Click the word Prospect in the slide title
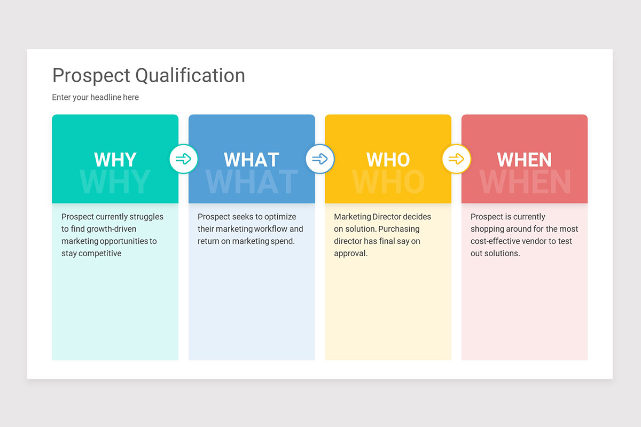pyautogui.click(x=91, y=76)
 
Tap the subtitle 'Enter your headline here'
pyautogui.click(x=95, y=97)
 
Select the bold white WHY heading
pyautogui.click(x=115, y=160)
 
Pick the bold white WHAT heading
pyautogui.click(x=252, y=160)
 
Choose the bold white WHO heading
pyautogui.click(x=388, y=160)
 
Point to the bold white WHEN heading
pyautogui.click(x=525, y=160)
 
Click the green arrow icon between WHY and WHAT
pyautogui.click(x=184, y=159)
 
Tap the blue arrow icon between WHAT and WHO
pyautogui.click(x=320, y=159)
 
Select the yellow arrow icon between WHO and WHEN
pyautogui.click(x=456, y=159)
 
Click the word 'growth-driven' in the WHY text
pyautogui.click(x=110, y=229)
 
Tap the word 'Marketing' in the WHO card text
pyautogui.click(x=352, y=217)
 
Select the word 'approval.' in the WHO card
pyautogui.click(x=351, y=254)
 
